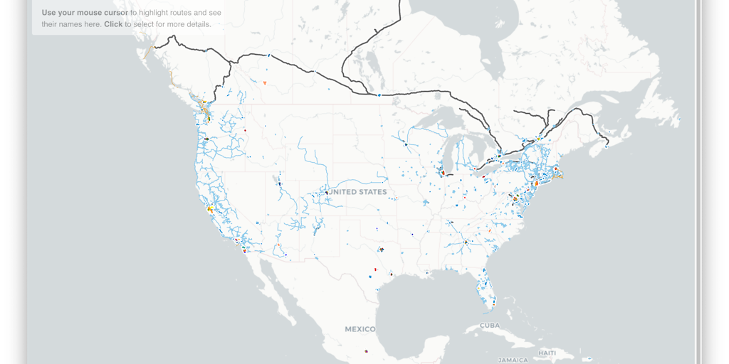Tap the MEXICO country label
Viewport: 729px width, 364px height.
pyautogui.click(x=360, y=329)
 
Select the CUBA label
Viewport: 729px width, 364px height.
pyautogui.click(x=491, y=325)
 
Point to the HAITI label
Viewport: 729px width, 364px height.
pyautogui.click(x=547, y=353)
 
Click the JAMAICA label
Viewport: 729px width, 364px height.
pyautogui.click(x=513, y=360)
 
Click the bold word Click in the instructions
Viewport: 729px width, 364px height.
pyautogui.click(x=113, y=24)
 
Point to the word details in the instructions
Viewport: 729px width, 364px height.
pyautogui.click(x=198, y=24)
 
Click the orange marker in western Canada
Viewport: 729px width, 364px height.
pyautogui.click(x=265, y=83)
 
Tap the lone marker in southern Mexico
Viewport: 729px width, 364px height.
pyautogui.click(x=366, y=350)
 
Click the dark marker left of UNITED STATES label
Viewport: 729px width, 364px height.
pyautogui.click(x=326, y=192)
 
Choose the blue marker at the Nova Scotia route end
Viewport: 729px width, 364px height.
pyautogui.click(x=607, y=146)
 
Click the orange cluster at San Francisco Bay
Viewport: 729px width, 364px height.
pyautogui.click(x=210, y=210)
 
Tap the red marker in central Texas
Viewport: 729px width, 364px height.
pyautogui.click(x=375, y=270)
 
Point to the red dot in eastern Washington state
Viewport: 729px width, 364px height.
pyautogui.click(x=245, y=130)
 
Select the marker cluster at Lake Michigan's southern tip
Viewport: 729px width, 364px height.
pyautogui.click(x=443, y=172)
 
